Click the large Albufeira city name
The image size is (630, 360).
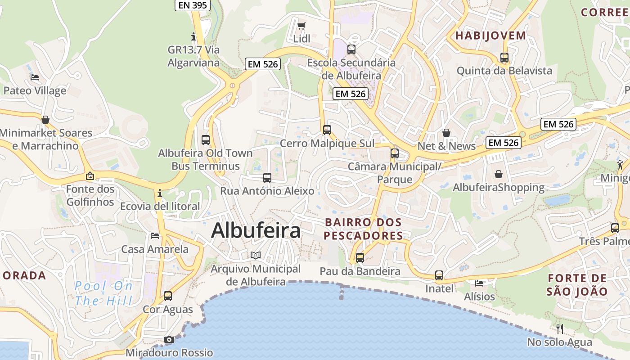[x=256, y=230]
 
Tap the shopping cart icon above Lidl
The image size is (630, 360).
[x=301, y=26]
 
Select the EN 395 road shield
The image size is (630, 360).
[x=192, y=5]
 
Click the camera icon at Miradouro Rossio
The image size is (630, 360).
[x=169, y=339]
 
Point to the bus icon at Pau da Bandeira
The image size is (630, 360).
[x=360, y=258]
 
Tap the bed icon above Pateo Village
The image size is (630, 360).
[x=35, y=77]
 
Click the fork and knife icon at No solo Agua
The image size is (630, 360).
[x=560, y=329]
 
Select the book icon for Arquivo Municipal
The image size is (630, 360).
[x=256, y=256]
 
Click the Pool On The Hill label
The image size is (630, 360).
[x=104, y=293]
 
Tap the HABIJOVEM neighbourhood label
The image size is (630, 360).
[x=490, y=36]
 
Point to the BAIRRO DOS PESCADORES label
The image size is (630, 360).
[x=363, y=229]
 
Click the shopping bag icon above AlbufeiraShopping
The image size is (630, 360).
[x=499, y=174]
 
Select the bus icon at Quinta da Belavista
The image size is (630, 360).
[x=504, y=58]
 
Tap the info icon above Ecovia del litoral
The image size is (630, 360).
[x=160, y=193]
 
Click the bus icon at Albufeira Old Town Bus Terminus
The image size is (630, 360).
[x=206, y=139]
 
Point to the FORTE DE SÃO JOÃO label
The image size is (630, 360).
[x=577, y=284]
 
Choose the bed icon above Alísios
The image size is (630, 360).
[x=479, y=283]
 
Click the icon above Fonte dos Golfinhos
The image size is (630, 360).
[x=90, y=176]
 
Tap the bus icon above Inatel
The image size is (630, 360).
[x=439, y=275]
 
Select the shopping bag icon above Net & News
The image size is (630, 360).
[x=446, y=133]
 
